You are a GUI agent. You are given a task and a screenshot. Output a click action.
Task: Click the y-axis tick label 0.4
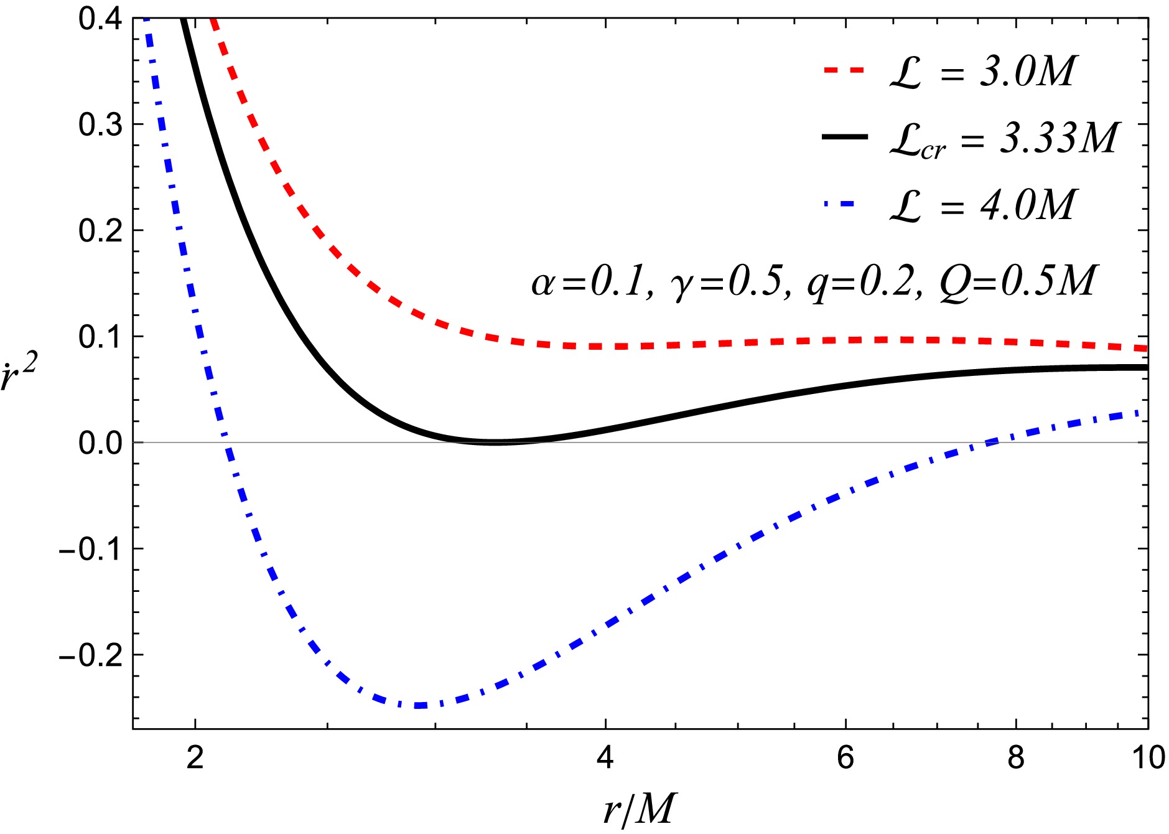coord(100,19)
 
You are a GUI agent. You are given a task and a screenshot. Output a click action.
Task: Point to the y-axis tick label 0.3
coord(100,124)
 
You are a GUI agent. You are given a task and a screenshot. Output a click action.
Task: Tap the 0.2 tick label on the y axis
coord(100,230)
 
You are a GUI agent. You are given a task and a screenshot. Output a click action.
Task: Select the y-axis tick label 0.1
coord(100,337)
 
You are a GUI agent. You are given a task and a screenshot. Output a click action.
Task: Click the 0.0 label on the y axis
coord(100,443)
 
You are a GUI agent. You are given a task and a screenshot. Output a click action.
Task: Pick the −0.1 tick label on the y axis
coord(90,549)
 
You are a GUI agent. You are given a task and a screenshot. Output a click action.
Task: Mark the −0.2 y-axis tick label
coord(90,655)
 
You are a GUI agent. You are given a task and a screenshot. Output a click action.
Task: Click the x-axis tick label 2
coord(195,757)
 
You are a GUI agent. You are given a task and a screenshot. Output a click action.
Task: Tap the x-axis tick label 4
coord(605,757)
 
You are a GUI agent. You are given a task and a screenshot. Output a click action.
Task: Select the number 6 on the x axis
coord(845,757)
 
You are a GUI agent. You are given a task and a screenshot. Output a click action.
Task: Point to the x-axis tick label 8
coord(1015,757)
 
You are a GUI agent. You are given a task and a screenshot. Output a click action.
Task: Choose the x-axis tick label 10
coord(1148,757)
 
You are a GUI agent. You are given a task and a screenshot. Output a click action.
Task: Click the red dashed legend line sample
coord(844,70)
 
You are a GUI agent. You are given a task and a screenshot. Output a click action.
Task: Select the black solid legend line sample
coord(844,137)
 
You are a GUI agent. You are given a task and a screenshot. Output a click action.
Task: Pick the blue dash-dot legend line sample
coord(844,204)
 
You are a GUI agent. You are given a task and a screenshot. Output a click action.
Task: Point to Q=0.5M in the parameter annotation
coord(1018,281)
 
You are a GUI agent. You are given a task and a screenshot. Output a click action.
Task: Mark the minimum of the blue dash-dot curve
coord(421,705)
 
